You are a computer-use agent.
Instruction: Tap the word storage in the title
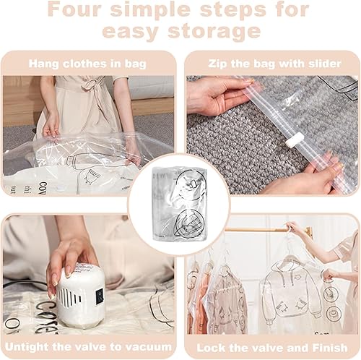214,31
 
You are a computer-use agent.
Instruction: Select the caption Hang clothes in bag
87,64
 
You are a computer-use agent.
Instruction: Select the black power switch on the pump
99,296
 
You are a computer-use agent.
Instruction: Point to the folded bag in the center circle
180,205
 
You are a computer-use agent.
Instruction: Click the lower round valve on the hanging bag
333,314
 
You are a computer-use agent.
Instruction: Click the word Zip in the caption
217,64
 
